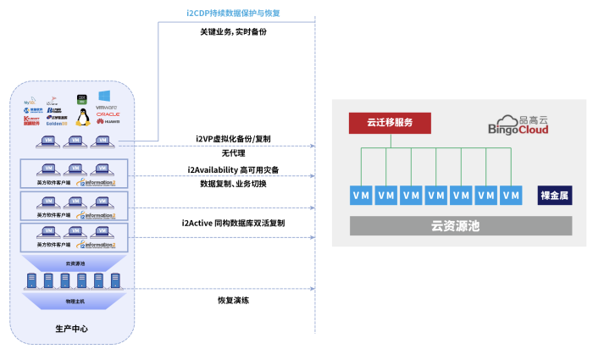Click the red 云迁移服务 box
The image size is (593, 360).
pos(390,123)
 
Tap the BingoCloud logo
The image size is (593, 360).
pos(518,124)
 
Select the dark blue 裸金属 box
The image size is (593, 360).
pos(555,195)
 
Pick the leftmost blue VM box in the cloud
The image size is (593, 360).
pos(361,195)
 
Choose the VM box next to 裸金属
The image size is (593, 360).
pos(511,195)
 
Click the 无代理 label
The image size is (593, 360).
pos(233,153)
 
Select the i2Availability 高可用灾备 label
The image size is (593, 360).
pos(233,169)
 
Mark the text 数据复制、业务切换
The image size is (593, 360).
pos(233,184)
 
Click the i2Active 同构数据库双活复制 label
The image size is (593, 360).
pos(233,223)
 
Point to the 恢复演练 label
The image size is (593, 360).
pos(233,300)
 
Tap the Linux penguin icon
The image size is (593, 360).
pos(82,116)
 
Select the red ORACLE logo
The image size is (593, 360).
pos(108,114)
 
